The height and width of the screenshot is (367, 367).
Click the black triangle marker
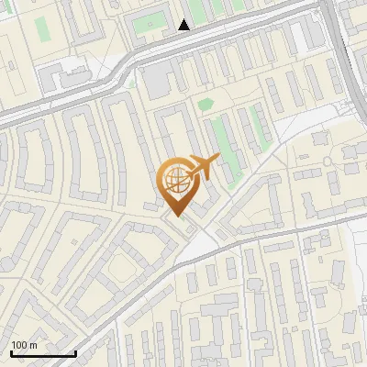pos(184,25)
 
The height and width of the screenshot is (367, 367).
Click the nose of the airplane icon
pos(218,159)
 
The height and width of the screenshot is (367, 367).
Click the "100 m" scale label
pos(25,345)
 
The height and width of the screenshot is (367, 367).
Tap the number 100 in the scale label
pos(19,345)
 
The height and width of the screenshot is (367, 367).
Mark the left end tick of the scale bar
pos(10,352)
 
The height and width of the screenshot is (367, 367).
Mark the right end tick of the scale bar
pos(75,352)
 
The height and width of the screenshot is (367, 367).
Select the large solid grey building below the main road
pos(155,82)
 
